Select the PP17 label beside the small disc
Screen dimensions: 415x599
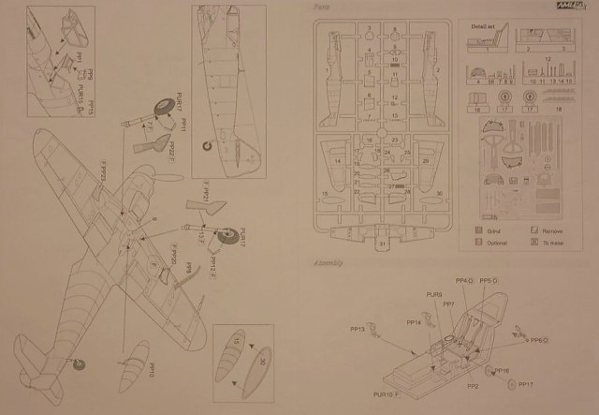[x=526, y=384]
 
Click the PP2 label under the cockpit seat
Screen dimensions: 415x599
[x=474, y=385]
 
